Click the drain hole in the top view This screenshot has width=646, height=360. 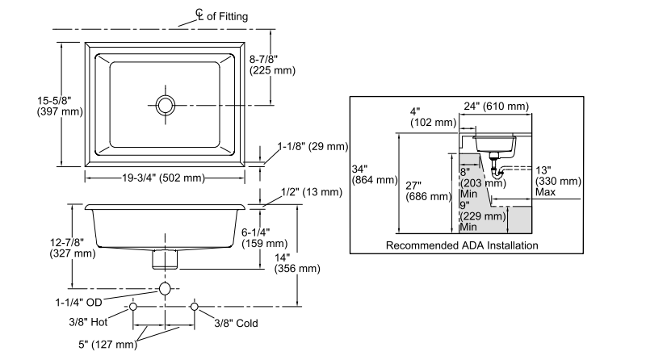tap(166, 104)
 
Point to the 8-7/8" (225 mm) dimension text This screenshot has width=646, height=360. tap(272, 65)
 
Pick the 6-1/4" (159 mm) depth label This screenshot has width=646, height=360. tap(264, 237)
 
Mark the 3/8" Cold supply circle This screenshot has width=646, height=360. tap(195, 308)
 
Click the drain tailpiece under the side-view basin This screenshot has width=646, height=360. tap(166, 259)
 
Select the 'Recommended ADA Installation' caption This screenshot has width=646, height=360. tap(462, 245)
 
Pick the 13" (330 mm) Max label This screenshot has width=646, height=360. tap(558, 181)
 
